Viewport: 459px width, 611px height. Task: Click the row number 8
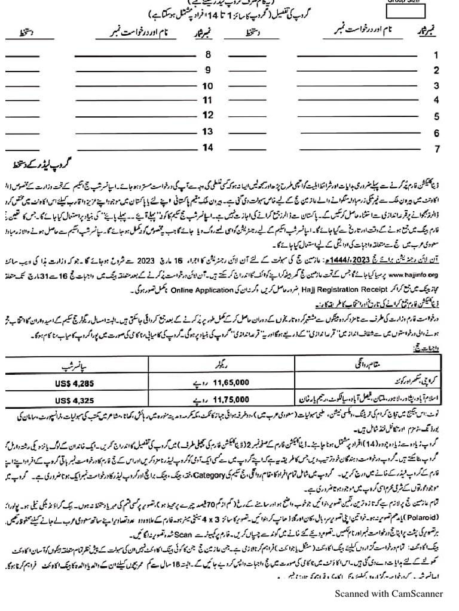208,55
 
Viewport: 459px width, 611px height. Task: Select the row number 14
208,147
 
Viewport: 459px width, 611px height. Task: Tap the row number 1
436,55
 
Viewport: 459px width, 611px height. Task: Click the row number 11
208,100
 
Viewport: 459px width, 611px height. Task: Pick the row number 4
436,100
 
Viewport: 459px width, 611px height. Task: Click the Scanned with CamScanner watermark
388,593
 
